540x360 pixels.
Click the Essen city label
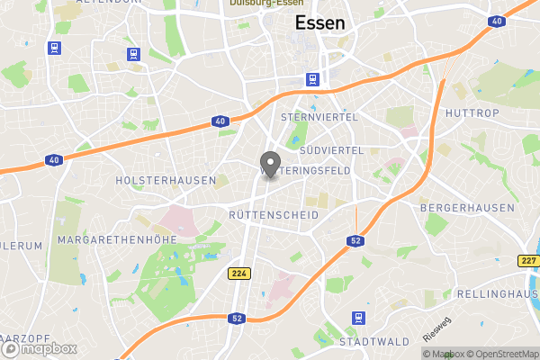pos(319,23)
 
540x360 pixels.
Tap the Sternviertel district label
pos(319,117)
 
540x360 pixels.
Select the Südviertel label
pos(332,148)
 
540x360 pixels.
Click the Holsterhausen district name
pos(166,180)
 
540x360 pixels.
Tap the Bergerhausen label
pos(467,208)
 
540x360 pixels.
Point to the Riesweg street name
pos(438,328)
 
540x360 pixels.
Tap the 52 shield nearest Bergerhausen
pos(355,240)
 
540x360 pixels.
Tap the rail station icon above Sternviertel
pos(312,79)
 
